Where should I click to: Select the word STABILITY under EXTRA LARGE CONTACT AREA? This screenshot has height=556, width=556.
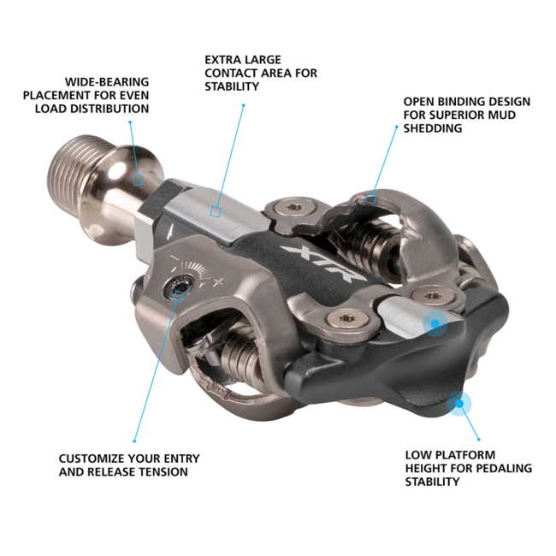232,86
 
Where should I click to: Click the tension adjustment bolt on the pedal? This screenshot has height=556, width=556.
178,290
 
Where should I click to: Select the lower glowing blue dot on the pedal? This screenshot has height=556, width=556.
459,402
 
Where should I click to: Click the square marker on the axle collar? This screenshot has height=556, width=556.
139,180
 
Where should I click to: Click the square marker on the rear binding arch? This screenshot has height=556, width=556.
370,198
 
